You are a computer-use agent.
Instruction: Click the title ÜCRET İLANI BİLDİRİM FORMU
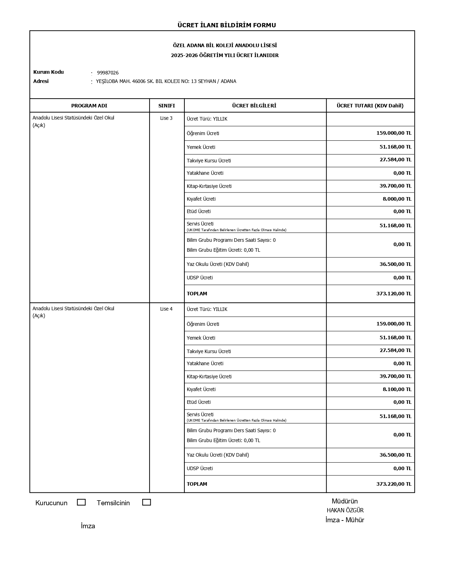227,25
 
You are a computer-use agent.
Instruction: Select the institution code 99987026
108,73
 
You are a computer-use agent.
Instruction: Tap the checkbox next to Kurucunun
81,502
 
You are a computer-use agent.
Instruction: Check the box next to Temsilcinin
146,502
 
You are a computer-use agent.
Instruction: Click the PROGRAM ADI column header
89,106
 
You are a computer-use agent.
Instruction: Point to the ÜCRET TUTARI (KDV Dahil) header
370,106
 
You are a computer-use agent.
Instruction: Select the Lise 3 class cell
166,118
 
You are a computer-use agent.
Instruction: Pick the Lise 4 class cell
166,309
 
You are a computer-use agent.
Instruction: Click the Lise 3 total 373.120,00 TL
394,294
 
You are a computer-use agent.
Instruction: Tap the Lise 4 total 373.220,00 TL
394,484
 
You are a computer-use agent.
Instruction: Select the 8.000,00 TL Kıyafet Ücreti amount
397,199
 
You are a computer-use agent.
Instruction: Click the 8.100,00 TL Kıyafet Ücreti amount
397,389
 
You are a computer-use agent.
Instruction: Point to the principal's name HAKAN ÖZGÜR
345,511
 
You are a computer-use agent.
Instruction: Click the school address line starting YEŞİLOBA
166,81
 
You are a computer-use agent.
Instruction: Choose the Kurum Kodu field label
49,72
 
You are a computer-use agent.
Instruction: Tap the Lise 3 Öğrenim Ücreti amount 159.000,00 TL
394,133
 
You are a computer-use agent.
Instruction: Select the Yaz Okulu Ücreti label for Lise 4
218,455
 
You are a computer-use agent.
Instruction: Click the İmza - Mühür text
345,520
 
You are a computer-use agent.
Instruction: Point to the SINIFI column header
167,106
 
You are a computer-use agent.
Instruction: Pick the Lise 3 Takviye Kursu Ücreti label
208,161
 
